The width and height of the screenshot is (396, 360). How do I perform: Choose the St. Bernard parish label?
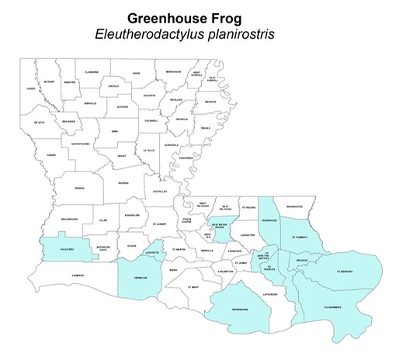tap(345, 272)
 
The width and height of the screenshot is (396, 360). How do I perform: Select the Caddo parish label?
tap(31, 89)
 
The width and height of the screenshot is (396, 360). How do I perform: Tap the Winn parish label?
tap(113, 131)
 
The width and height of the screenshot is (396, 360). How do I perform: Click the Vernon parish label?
tap(79, 188)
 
